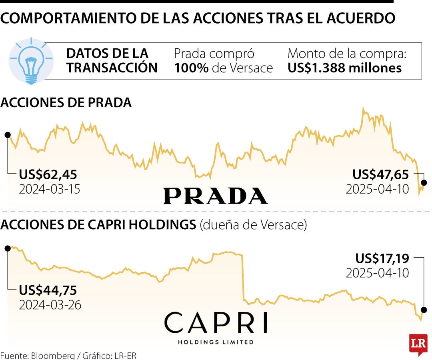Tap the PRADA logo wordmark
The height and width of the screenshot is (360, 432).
[215, 196]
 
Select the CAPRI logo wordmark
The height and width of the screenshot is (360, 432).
[216, 323]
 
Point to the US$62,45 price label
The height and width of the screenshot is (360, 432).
[48, 174]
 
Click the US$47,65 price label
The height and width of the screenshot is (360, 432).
[380, 174]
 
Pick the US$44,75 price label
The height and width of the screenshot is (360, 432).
[48, 290]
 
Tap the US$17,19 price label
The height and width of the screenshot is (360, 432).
[382, 258]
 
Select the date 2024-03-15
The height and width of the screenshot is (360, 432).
[50, 189]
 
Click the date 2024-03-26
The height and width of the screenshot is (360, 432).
[50, 305]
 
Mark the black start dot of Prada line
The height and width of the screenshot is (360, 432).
[7, 135]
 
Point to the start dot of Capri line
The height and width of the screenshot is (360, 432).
[7, 248]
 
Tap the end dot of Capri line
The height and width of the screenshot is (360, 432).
[424, 310]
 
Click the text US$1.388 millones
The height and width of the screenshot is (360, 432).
[344, 68]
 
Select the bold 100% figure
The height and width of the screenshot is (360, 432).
[191, 68]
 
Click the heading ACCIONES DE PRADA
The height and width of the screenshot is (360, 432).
[66, 103]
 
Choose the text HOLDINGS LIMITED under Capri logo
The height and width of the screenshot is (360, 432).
[216, 342]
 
